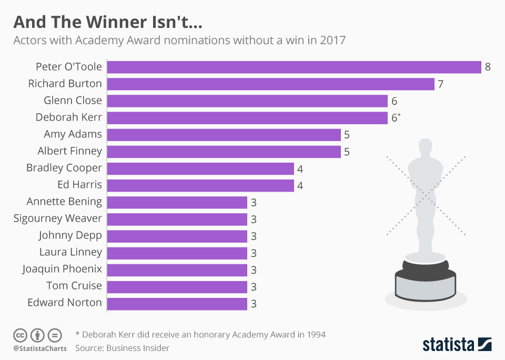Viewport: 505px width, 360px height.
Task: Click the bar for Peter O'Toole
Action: pyautogui.click(x=294, y=67)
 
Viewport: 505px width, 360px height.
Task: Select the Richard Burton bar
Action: pyautogui.click(x=270, y=84)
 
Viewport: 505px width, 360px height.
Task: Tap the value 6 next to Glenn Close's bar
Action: pyautogui.click(x=394, y=101)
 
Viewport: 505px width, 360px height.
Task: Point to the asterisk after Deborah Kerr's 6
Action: pyautogui.click(x=400, y=114)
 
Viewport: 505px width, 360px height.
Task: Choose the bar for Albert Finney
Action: pyautogui.click(x=224, y=152)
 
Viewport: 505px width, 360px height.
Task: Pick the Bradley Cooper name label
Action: pyautogui.click(x=64, y=168)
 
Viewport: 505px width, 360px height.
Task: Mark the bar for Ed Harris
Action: pyautogui.click(x=200, y=185)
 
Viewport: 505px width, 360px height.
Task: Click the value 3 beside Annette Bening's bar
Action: pyautogui.click(x=254, y=203)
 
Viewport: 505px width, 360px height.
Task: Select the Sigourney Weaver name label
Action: pyautogui.click(x=58, y=218)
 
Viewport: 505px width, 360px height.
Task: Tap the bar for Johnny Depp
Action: pyautogui.click(x=177, y=236)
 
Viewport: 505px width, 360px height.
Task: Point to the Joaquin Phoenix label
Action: pyautogui.click(x=62, y=269)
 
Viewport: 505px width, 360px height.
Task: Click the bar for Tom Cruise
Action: pyautogui.click(x=177, y=287)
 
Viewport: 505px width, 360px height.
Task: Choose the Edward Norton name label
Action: pyautogui.click(x=65, y=303)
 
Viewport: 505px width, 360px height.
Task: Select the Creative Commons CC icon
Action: pyautogui.click(x=21, y=335)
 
